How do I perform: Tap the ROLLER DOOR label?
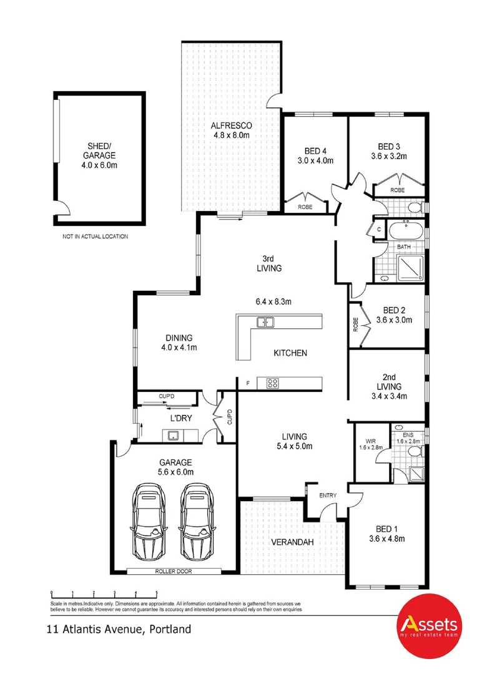point(174,571)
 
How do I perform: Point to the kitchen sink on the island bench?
point(266,322)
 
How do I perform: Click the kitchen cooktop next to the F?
point(272,383)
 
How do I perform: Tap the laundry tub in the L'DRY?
point(172,435)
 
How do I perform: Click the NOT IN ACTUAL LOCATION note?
point(95,237)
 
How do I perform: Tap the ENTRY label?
point(327,496)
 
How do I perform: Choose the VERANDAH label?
point(292,542)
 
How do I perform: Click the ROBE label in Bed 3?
point(397,190)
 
